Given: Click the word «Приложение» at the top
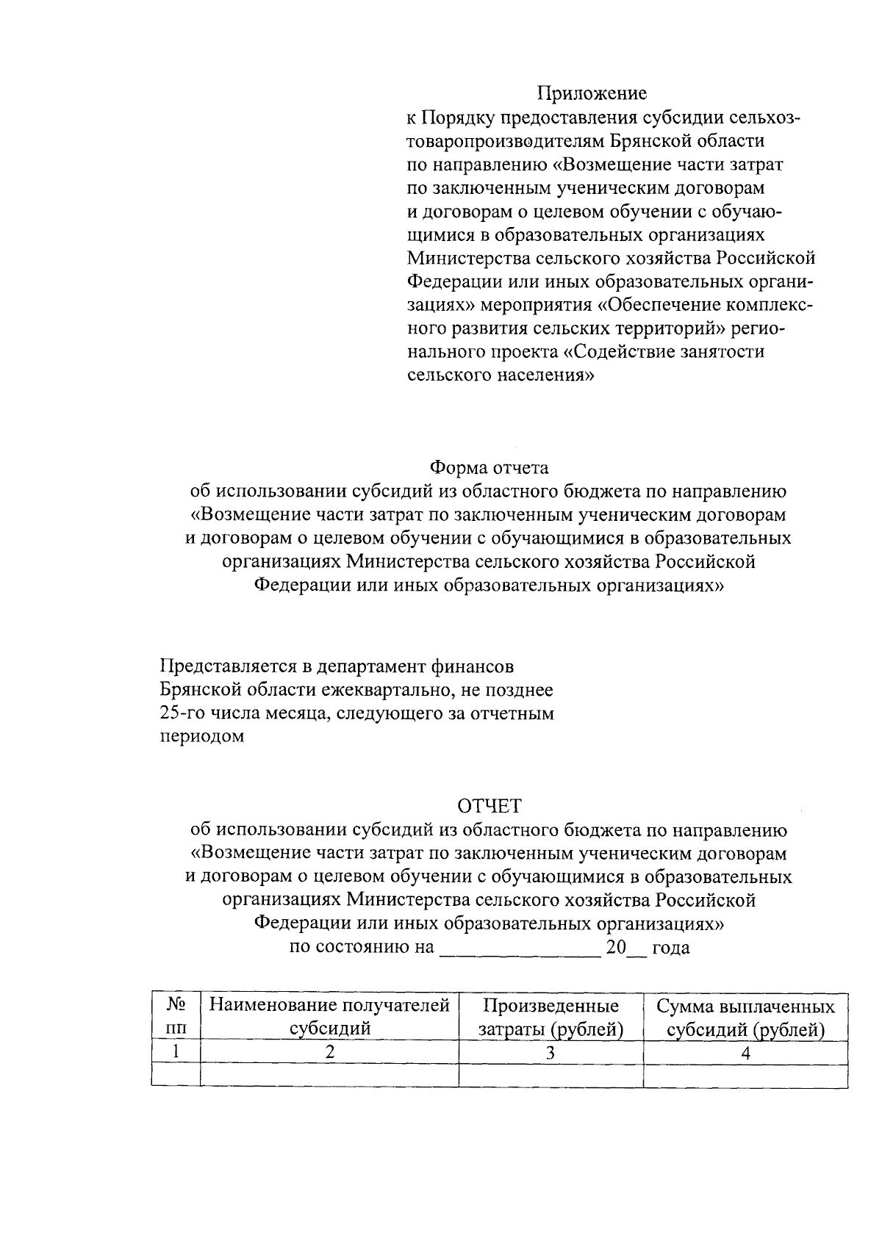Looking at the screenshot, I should [592, 93].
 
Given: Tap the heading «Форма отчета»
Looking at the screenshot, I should [489, 468].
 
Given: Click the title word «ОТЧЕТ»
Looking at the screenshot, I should [489, 807].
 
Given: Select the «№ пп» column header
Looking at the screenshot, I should [176, 1017].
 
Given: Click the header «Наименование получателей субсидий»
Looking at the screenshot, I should [329, 1017].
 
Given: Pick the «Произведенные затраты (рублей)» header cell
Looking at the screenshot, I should [551, 1017].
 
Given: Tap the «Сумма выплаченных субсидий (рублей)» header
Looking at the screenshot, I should [745, 1017].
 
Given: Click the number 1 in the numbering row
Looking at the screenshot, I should [176, 1052].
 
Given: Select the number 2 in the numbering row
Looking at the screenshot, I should [330, 1052].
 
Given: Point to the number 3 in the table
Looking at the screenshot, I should [551, 1052].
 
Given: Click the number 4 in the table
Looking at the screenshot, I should [745, 1052].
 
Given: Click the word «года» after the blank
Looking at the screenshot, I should [670, 948].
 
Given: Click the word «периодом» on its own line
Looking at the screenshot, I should [202, 737].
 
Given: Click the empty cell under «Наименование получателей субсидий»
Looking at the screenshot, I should [329, 1076].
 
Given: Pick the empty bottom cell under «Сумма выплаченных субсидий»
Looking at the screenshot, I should [745, 1076].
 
